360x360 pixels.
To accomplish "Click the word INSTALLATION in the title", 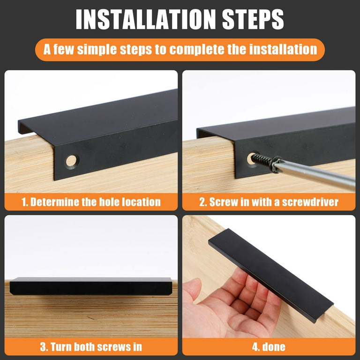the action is click(x=146, y=19).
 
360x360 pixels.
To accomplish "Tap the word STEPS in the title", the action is click(x=253, y=19).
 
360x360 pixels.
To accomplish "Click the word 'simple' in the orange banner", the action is click(x=97, y=50).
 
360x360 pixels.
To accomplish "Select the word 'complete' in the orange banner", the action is click(x=196, y=50).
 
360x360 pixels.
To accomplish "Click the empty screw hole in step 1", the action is click(x=72, y=161).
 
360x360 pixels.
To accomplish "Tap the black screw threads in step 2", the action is click(x=261, y=160).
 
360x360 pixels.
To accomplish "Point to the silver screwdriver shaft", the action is click(x=317, y=173).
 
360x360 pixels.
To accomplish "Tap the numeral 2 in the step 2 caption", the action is click(x=202, y=202).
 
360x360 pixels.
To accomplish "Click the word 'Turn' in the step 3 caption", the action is click(x=61, y=347).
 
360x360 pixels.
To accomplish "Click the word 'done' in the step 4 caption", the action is click(x=274, y=347).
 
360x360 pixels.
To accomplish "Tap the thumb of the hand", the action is click(x=192, y=290).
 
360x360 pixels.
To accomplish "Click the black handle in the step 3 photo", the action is click(x=91, y=286).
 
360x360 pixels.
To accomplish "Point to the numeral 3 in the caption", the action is click(x=43, y=347).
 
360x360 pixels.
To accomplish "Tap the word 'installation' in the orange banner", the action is click(x=283, y=50).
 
